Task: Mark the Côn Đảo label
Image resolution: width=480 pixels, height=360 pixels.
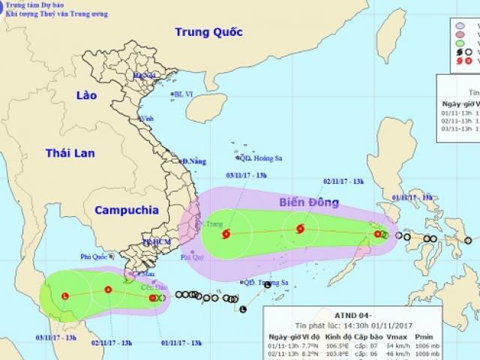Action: point(154,286)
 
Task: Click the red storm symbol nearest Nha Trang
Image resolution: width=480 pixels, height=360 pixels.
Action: point(226,235)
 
